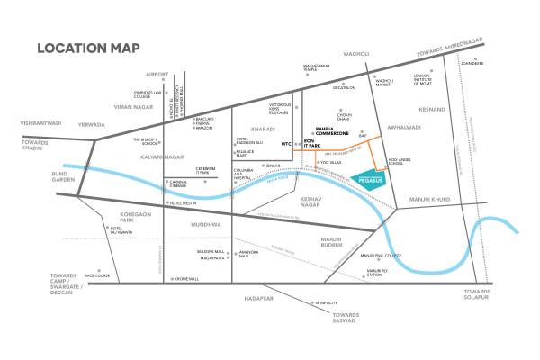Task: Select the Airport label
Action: (158, 75)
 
